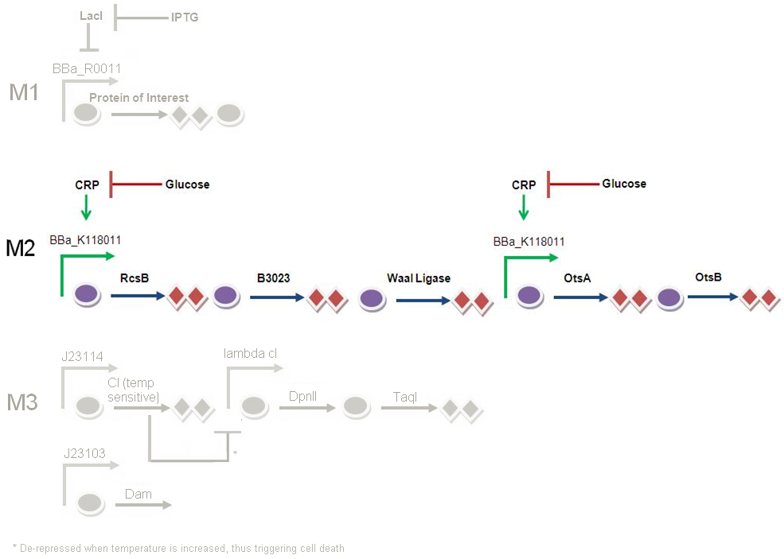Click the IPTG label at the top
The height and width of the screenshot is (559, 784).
pos(185,17)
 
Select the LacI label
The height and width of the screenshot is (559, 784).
pos(92,15)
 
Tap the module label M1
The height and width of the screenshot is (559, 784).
pos(24,93)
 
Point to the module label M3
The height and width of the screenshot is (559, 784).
pos(22,402)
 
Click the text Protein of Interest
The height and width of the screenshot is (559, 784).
pos(138,98)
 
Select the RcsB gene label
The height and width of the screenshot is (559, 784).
pos(135,278)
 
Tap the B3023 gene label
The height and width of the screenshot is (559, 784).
pos(273,278)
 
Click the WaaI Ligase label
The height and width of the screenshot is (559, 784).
pos(419,278)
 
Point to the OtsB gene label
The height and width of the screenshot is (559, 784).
pos(708,278)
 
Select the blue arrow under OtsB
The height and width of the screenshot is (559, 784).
pos(712,297)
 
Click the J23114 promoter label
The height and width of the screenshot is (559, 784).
pos(84,356)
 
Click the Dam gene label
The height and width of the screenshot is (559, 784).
pos(138,494)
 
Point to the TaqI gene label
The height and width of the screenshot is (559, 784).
pos(406,396)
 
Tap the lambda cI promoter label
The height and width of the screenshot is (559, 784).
pos(250,353)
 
